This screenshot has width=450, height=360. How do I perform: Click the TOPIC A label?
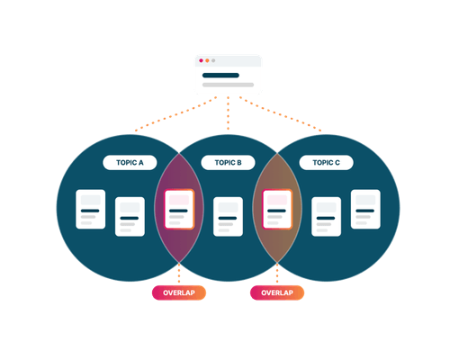130,163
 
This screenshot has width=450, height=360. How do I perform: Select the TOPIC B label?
228,163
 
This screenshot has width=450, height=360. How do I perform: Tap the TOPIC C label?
326,163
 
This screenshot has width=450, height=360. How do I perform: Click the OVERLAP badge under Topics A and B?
179,292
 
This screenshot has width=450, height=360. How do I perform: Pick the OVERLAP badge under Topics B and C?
277,292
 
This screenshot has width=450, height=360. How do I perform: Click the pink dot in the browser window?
201,60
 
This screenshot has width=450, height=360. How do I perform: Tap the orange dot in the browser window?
207,60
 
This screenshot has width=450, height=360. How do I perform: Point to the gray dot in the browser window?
213,60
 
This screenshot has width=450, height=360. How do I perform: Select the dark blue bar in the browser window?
220,76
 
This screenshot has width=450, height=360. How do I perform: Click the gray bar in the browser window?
228,85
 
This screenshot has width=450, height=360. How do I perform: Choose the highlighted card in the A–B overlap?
179,210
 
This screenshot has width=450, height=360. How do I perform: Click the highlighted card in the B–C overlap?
277,210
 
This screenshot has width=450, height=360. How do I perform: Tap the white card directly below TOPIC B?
228,217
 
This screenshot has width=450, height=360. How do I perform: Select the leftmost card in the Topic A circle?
91,210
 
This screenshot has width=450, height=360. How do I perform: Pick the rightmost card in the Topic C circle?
365,210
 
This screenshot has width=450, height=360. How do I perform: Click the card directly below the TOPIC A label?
130,217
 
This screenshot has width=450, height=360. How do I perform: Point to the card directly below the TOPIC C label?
326,217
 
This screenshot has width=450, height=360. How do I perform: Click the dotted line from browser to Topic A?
175,114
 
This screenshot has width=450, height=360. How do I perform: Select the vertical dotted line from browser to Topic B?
228,113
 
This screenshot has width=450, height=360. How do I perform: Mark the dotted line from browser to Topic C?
281,114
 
